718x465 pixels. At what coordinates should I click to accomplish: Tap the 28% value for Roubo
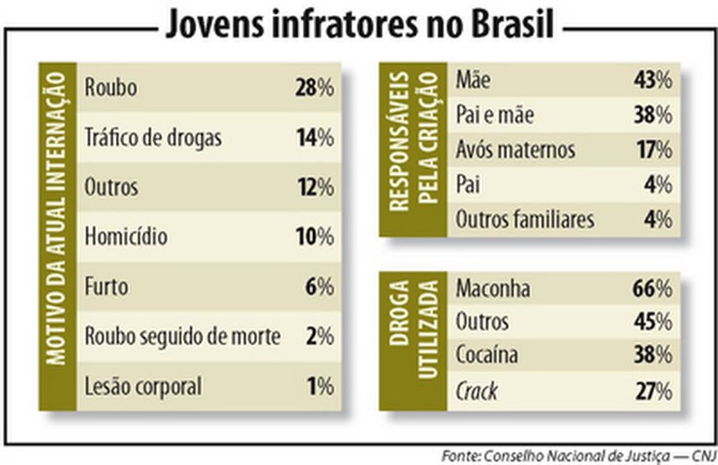(313, 88)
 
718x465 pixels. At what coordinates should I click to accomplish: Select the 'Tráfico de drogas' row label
(152, 138)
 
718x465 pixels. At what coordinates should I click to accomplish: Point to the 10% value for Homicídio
(313, 238)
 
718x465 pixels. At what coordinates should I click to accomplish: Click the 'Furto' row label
(106, 287)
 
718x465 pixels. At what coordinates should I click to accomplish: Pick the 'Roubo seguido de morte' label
(182, 338)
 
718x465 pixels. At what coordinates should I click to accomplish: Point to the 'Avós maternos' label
(515, 149)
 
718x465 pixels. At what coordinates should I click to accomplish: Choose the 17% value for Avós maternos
(653, 149)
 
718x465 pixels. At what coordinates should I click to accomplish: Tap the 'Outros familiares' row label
(525, 219)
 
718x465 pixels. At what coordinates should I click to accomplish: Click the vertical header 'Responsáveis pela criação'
(413, 148)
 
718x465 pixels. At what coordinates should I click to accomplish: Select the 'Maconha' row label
(493, 288)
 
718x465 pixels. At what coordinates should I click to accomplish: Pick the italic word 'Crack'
(477, 390)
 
